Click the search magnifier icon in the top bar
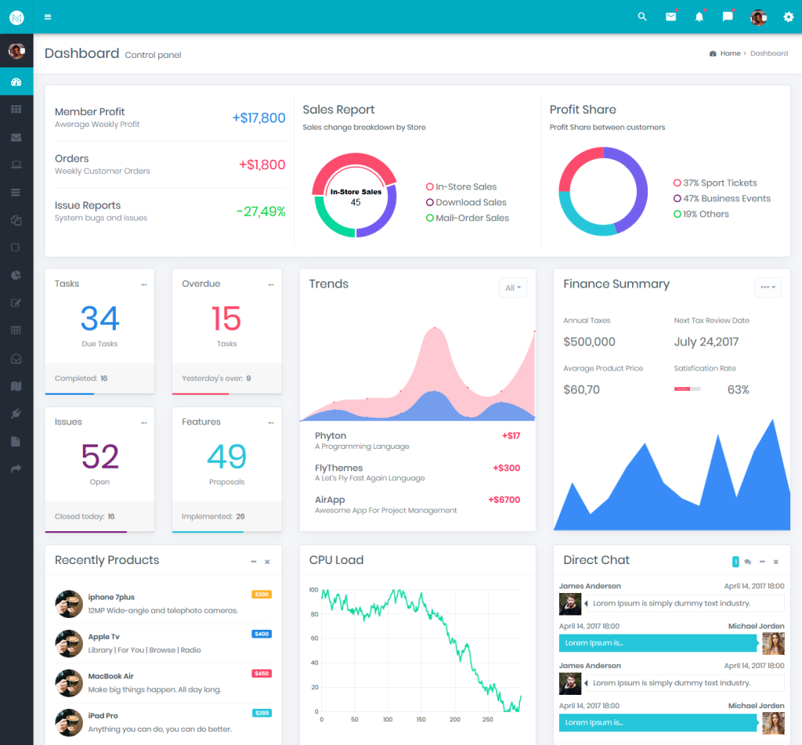pos(642,16)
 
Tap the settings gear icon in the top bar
pos(788,16)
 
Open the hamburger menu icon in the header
pos(48,16)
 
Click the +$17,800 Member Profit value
pos(258,118)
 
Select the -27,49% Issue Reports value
pos(261,212)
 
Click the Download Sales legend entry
pos(471,202)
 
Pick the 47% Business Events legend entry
pos(726,198)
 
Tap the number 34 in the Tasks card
pos(99,319)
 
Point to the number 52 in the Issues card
pos(99,457)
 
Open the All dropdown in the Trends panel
pos(513,288)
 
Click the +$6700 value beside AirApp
pos(504,500)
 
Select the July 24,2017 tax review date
pos(706,342)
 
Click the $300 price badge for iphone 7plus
pos(262,595)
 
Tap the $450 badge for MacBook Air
pos(262,673)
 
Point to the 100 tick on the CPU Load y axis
pos(313,590)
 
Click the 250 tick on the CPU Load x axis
pos(487,719)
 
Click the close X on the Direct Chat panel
pos(775,562)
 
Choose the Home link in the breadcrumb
pos(730,53)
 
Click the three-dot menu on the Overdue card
pos(270,284)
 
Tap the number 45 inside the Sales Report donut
pos(356,202)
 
